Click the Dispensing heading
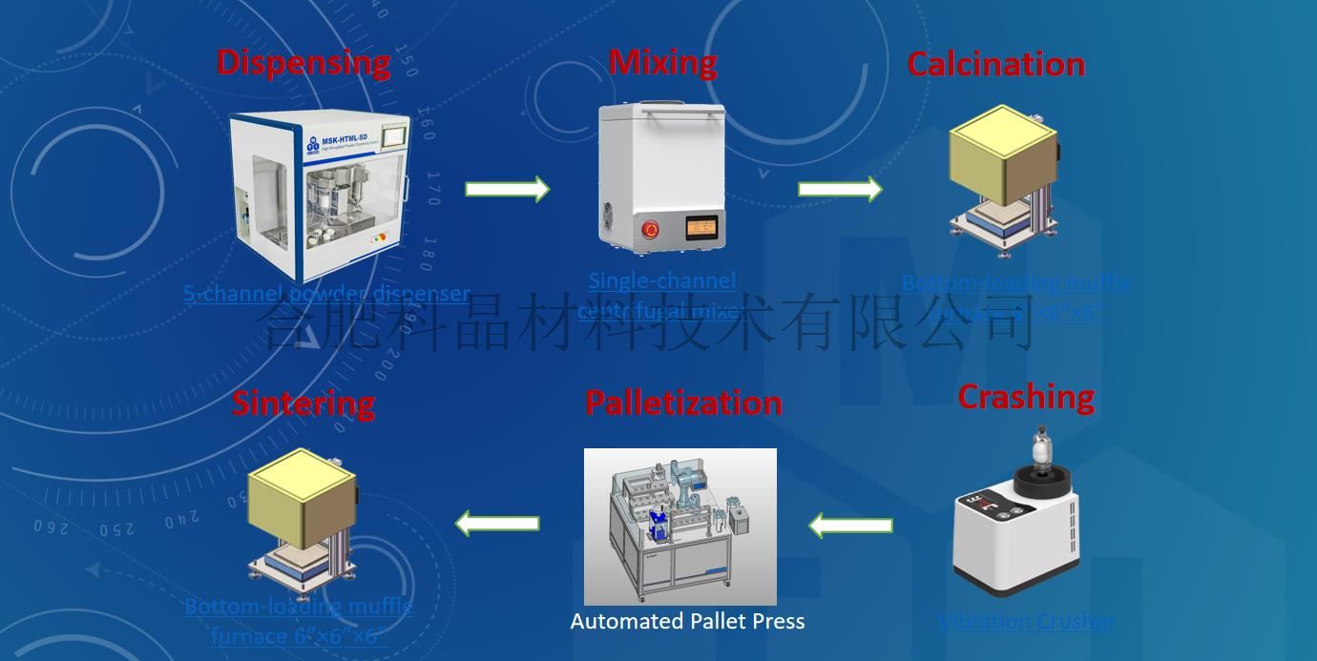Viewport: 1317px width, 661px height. (303, 62)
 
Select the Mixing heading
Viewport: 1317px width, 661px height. (663, 62)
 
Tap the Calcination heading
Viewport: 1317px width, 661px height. (995, 64)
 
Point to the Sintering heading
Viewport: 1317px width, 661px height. (303, 403)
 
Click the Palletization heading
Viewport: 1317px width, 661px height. (683, 403)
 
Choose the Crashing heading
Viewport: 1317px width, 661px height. (1026, 397)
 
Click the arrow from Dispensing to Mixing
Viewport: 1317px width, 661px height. (507, 189)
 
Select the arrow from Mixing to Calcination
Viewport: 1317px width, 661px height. (840, 189)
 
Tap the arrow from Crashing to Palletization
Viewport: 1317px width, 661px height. (851, 525)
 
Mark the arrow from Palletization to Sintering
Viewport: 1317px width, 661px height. (497, 523)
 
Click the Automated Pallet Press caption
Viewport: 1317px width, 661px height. (687, 622)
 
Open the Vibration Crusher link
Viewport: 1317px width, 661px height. (1026, 622)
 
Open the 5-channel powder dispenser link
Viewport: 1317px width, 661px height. (326, 294)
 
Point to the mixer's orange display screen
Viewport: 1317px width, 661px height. (706, 228)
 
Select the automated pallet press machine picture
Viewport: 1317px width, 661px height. (679, 526)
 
